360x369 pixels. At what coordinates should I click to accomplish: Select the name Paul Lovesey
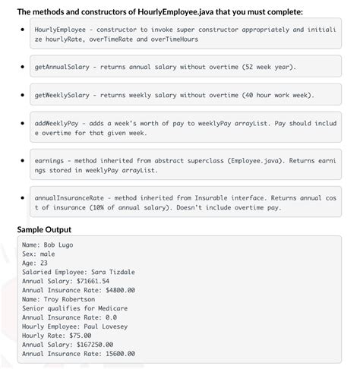112,326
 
